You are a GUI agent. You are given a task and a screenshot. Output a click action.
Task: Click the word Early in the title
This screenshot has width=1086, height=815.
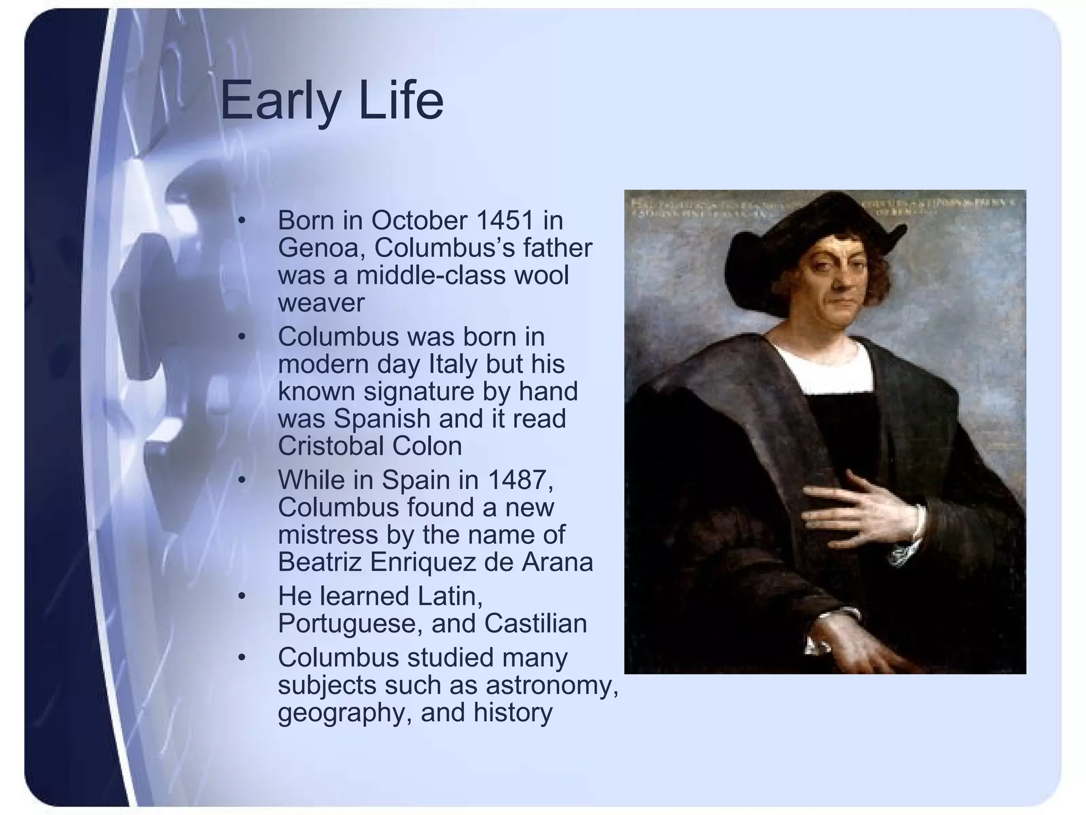point(279,101)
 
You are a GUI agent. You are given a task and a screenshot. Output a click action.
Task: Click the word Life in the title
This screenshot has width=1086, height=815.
point(401,101)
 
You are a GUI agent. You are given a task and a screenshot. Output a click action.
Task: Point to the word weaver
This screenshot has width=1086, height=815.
point(321,303)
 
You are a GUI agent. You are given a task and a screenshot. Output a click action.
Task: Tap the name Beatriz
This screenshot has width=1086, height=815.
point(320,562)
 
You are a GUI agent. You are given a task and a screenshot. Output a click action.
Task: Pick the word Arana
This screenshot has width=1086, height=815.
point(557,562)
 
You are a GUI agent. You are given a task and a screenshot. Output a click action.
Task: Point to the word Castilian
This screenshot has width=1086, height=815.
point(535,623)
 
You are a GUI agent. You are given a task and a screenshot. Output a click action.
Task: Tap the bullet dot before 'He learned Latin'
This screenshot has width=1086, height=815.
point(242,596)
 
